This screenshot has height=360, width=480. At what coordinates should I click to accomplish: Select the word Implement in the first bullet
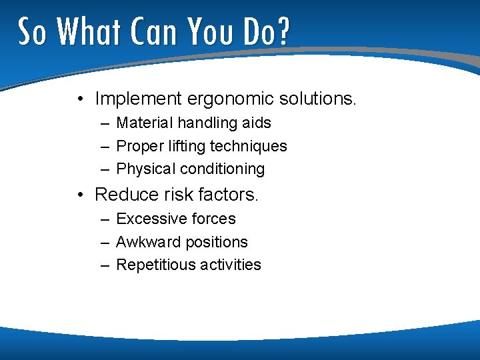(138, 99)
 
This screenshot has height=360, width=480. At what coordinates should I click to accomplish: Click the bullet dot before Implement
(79, 100)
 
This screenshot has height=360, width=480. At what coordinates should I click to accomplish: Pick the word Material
(143, 123)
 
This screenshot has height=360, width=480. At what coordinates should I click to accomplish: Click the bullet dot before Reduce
(79, 195)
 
